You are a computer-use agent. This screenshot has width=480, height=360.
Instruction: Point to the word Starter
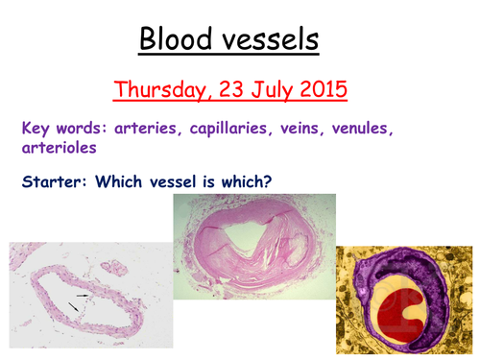(x=49, y=179)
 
